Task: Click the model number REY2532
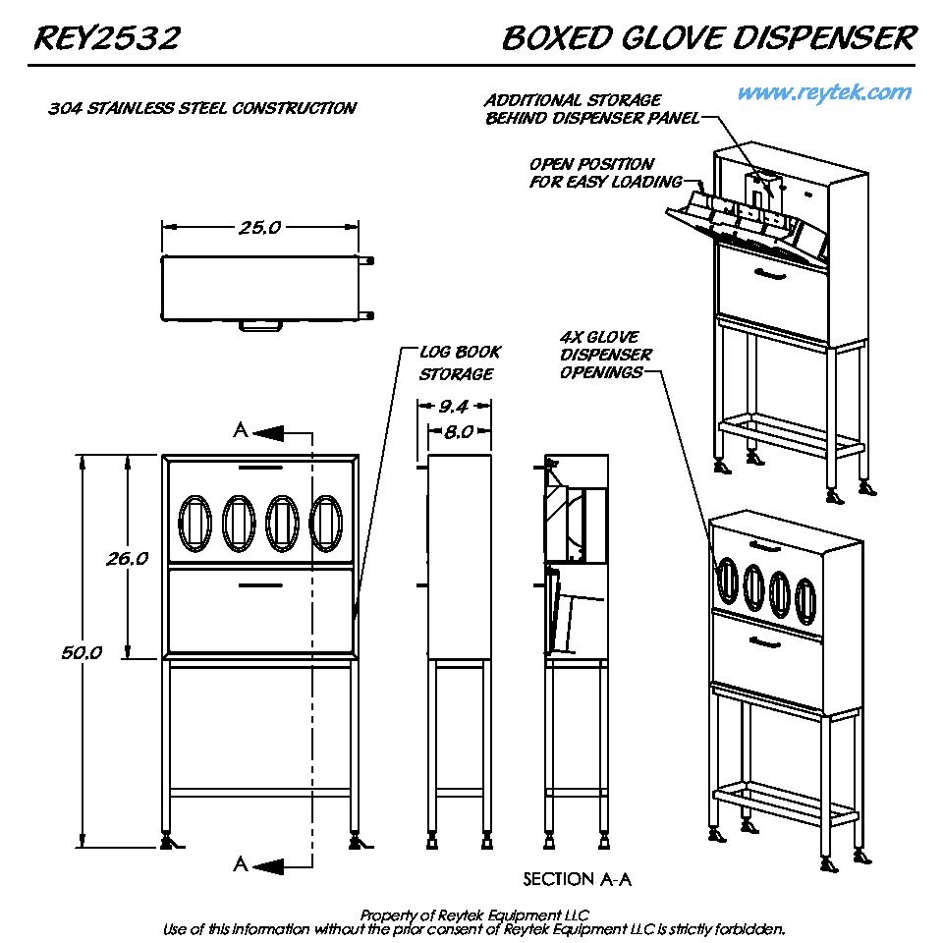(107, 39)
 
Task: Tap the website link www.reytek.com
(824, 93)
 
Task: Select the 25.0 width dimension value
(259, 228)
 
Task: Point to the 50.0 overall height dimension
(83, 652)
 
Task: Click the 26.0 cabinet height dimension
(128, 558)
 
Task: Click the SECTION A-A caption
(577, 879)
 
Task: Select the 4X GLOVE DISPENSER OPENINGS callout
(606, 355)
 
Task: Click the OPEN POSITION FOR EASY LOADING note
(605, 173)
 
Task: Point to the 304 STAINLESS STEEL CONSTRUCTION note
(202, 108)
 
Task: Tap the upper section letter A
(241, 430)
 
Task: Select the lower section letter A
(241, 864)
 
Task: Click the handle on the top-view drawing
(261, 326)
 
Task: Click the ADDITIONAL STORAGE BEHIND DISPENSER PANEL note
(591, 109)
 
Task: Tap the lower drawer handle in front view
(260, 585)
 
